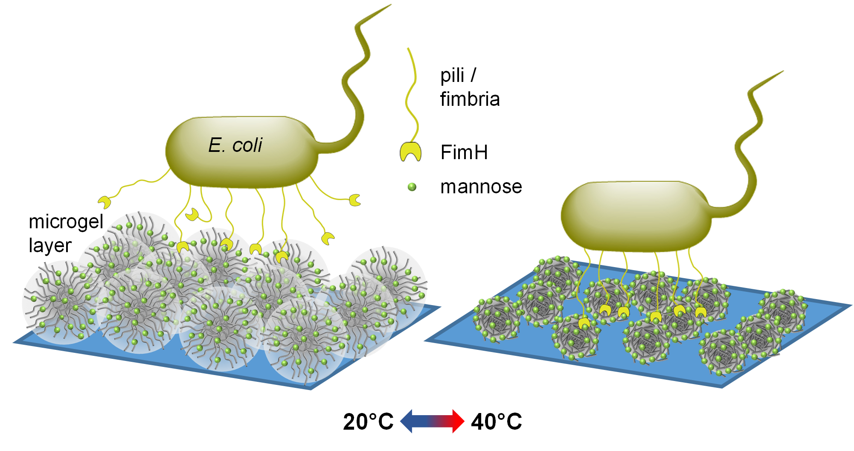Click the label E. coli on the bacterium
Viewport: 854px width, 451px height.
pyautogui.click(x=235, y=145)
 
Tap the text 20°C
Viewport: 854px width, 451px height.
pyautogui.click(x=368, y=422)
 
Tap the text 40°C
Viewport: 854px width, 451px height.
pyautogui.click(x=496, y=422)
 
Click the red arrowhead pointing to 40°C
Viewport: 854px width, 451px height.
pyautogui.click(x=457, y=421)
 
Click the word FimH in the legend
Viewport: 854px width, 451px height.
pyautogui.click(x=464, y=152)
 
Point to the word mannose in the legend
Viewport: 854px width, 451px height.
pyautogui.click(x=481, y=186)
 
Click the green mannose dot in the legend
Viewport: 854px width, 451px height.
pyautogui.click(x=412, y=186)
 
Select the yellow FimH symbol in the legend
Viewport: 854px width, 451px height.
pyautogui.click(x=410, y=151)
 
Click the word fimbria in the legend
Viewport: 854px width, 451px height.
pyautogui.click(x=470, y=99)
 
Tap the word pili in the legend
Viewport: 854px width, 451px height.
pyautogui.click(x=452, y=76)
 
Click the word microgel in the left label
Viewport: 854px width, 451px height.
pyautogui.click(x=66, y=222)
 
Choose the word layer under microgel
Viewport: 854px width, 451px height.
pyautogui.click(x=50, y=245)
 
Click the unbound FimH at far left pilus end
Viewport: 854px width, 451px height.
pyautogui.click(x=105, y=202)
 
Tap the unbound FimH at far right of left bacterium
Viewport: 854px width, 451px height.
pyautogui.click(x=355, y=200)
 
